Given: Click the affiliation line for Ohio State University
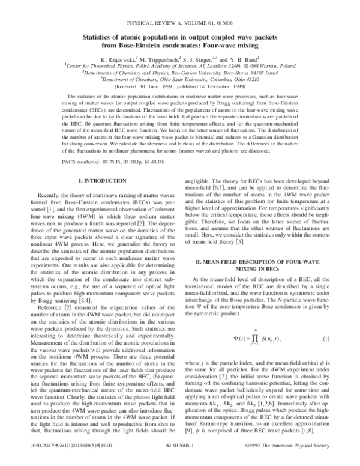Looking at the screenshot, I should coord(179,78).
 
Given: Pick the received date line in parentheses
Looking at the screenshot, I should coord(179,85).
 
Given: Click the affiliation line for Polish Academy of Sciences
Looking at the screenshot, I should coord(179,65).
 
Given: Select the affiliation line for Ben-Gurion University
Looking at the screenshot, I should coord(179,71).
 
